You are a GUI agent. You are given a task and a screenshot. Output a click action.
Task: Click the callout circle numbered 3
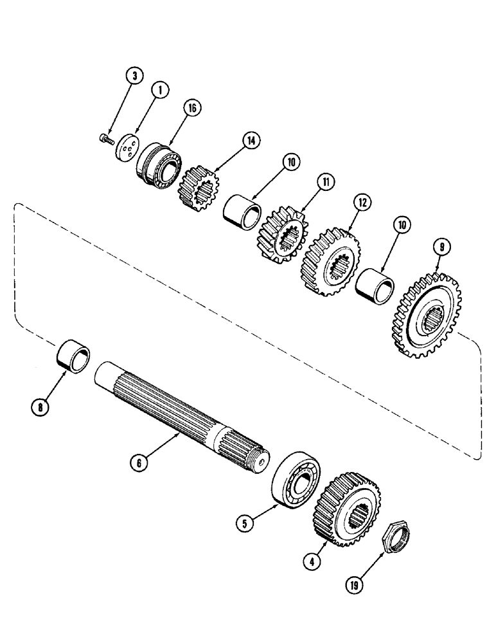point(134,77)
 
